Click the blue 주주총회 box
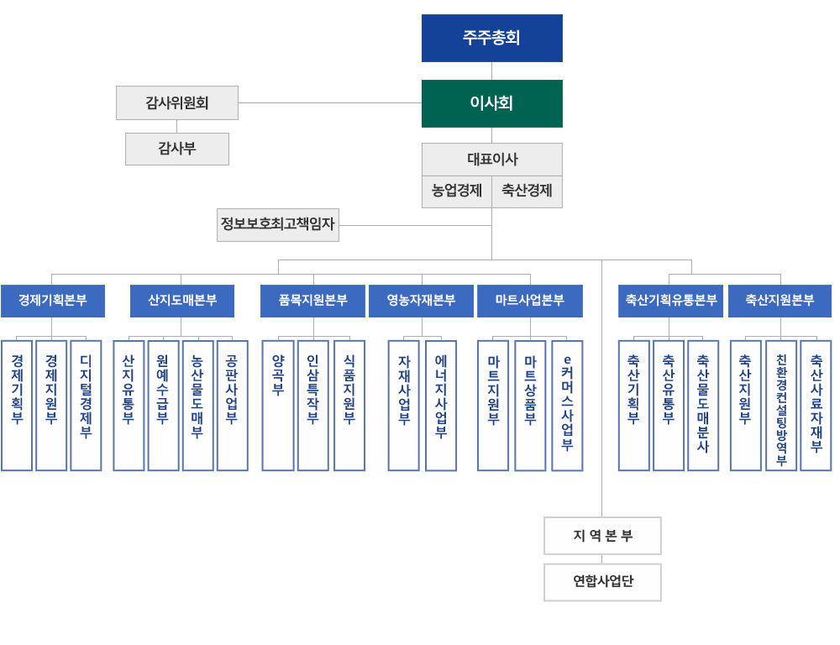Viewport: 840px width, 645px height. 491,38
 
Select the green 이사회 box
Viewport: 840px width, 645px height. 491,103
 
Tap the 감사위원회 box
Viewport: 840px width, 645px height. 177,102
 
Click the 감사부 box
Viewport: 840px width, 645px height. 177,149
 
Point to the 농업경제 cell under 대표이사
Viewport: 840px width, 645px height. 457,191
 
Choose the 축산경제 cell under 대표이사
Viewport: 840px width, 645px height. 527,191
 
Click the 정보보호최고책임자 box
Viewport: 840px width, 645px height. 278,224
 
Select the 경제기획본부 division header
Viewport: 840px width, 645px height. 53,301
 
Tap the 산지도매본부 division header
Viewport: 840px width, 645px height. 182,301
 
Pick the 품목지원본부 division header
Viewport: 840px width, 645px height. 312,301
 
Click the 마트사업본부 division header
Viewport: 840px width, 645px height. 530,301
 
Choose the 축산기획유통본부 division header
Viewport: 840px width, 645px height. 670,301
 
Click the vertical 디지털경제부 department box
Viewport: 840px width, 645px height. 86,405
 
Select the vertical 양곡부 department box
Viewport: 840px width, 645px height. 278,405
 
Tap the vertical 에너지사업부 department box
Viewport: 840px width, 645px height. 441,405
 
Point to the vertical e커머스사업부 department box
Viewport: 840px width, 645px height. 567,405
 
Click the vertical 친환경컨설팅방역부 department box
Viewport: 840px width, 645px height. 781,405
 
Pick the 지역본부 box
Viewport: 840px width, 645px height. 602,536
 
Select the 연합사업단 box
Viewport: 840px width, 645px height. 602,582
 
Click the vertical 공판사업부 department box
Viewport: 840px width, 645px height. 232,405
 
